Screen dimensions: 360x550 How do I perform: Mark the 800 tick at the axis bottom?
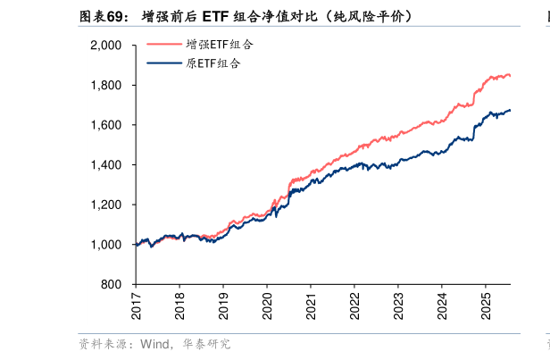pos(112,285)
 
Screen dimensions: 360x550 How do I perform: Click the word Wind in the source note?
pos(154,344)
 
